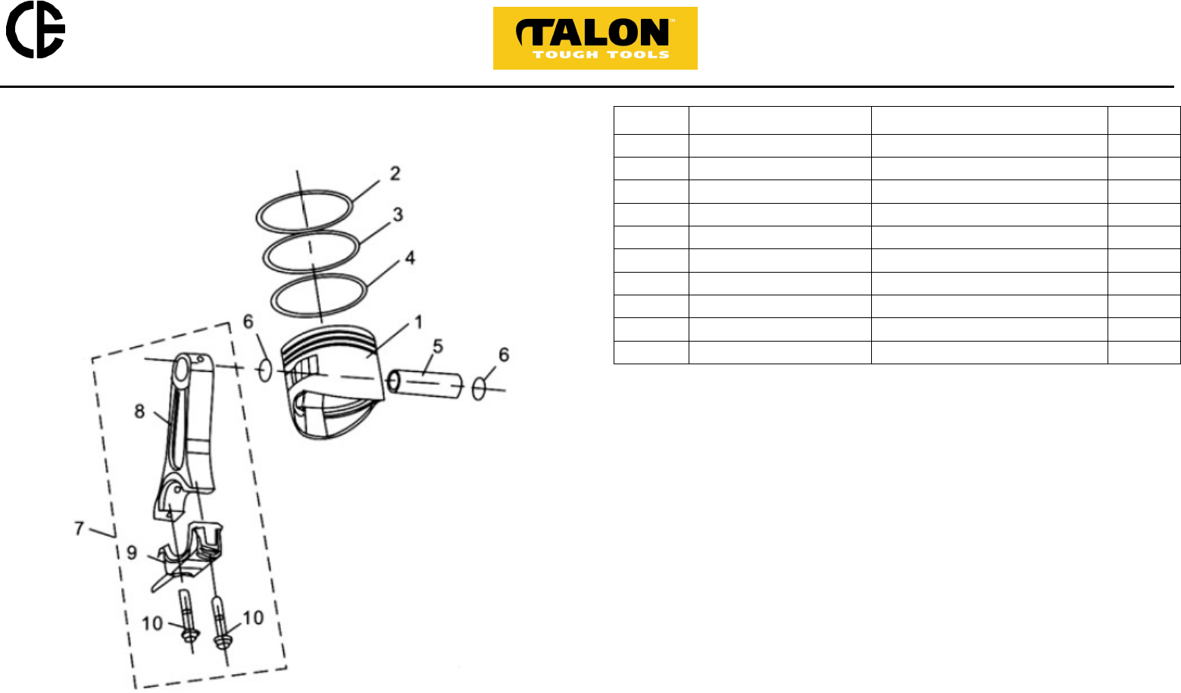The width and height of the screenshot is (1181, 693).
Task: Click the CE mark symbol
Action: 36,30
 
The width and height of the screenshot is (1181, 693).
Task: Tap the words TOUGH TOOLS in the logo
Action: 601,55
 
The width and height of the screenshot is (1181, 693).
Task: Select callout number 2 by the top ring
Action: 395,173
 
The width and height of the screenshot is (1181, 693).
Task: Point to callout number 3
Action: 398,214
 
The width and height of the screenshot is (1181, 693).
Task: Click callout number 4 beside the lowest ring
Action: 410,258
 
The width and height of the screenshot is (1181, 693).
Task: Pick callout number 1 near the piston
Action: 418,322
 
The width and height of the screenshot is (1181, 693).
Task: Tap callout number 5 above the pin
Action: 438,346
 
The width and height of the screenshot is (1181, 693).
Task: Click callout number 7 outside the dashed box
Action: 79,528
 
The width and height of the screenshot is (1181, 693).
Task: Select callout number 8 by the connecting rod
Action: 139,411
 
